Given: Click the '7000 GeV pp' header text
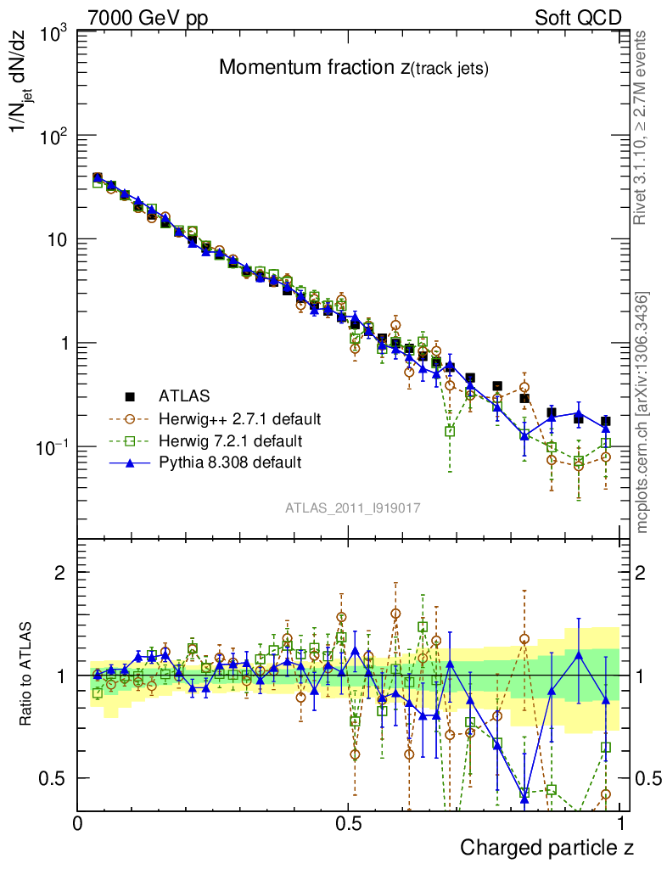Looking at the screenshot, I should [x=148, y=18].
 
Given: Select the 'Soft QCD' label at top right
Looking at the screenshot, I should [x=578, y=18].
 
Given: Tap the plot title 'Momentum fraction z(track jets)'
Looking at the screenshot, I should [x=353, y=68].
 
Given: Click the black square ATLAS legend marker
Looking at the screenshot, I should [x=131, y=395].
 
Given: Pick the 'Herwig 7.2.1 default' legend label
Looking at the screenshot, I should [x=230, y=440].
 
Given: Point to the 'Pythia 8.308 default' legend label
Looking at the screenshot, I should [x=229, y=463].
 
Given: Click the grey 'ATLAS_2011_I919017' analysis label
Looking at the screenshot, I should [x=353, y=507].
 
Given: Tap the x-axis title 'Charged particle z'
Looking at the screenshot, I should [x=546, y=847].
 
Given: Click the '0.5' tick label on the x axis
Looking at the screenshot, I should [x=348, y=822].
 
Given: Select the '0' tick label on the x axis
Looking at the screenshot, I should [x=78, y=822].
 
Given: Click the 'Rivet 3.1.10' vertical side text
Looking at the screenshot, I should [x=641, y=127].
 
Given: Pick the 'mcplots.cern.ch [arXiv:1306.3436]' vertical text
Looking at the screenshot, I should [x=642, y=412].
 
